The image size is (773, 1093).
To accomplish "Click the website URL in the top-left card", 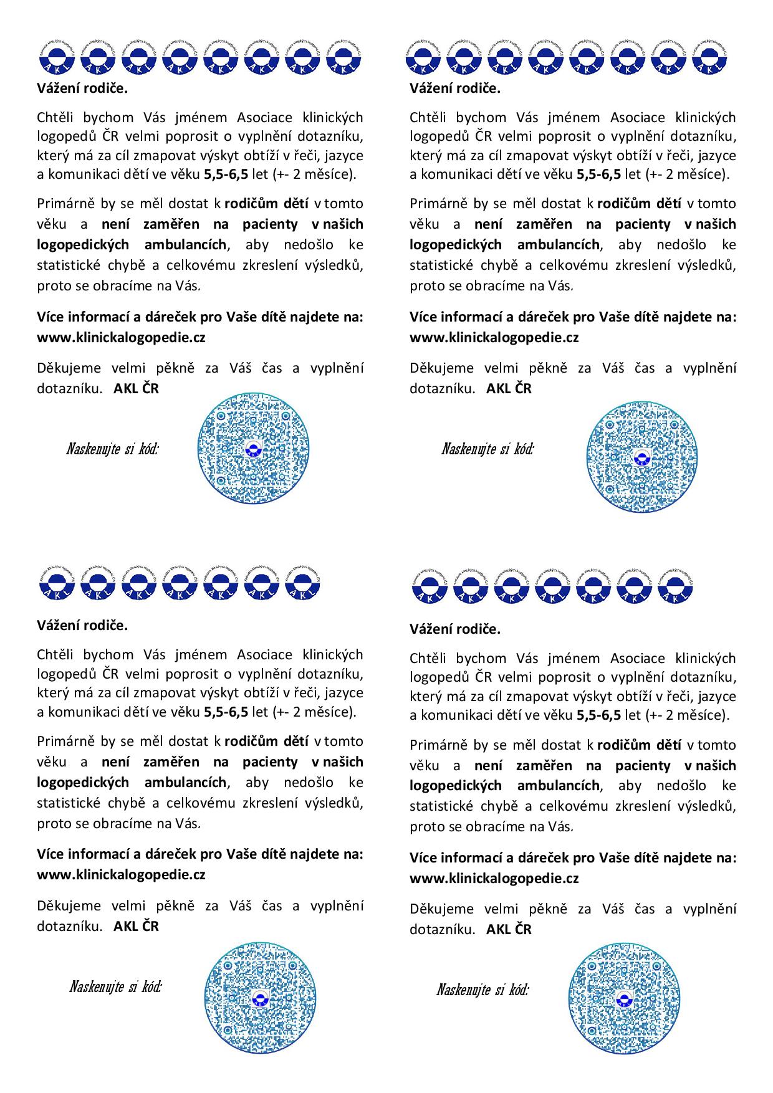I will point(121,338).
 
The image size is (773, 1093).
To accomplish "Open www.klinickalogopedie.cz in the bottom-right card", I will point(494,879).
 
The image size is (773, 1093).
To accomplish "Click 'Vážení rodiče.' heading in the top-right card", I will point(455,88).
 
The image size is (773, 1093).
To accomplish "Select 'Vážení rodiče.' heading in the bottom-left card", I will point(82,626).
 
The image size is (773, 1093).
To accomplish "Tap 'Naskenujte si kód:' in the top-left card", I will point(112,449).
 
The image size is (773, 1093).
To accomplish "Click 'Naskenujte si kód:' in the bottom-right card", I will point(483,990).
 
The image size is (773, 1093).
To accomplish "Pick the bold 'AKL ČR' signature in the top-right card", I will point(509,389).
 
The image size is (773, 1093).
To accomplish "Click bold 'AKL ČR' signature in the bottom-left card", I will point(136,926).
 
